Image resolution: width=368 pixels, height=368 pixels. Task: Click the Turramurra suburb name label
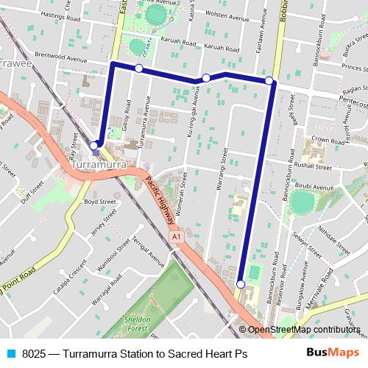tap(101, 166)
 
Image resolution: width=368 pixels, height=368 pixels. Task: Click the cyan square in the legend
tap(10, 354)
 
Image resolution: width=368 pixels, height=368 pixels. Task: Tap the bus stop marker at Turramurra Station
tap(94, 146)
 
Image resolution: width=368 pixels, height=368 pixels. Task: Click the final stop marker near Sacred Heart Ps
tap(241, 283)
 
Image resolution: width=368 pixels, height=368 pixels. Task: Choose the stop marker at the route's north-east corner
tap(269, 80)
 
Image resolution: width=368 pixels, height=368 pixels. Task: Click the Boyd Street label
tap(100, 201)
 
